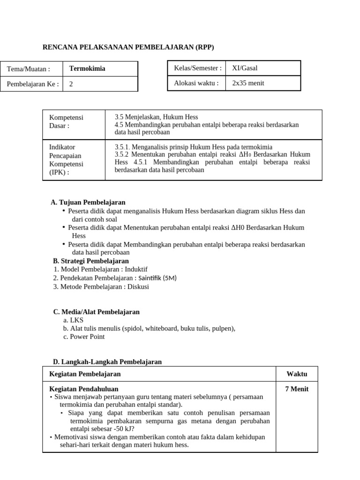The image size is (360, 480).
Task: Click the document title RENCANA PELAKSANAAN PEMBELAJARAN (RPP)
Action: [x=128, y=47]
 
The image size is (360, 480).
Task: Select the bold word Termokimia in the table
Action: [x=87, y=68]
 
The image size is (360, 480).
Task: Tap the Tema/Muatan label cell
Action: [x=28, y=69]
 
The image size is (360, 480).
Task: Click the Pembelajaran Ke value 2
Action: [x=71, y=84]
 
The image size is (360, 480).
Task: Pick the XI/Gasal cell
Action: [x=245, y=68]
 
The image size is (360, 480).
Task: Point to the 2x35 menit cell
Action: [x=248, y=83]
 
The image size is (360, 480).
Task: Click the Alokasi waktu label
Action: [x=196, y=83]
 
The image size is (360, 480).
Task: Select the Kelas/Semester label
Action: [x=198, y=68]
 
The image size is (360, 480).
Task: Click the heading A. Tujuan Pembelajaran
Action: [x=88, y=202]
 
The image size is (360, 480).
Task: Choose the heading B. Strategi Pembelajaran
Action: [x=91, y=261]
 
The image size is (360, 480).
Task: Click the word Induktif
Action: [x=136, y=270]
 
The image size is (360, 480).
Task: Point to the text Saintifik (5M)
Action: [x=156, y=278]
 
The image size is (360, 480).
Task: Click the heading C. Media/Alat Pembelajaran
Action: [x=96, y=312]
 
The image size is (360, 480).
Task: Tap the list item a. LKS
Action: [x=73, y=320]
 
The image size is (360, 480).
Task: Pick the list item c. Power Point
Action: [x=84, y=337]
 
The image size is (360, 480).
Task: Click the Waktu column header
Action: [x=297, y=374]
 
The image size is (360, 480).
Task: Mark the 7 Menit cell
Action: [x=297, y=389]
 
